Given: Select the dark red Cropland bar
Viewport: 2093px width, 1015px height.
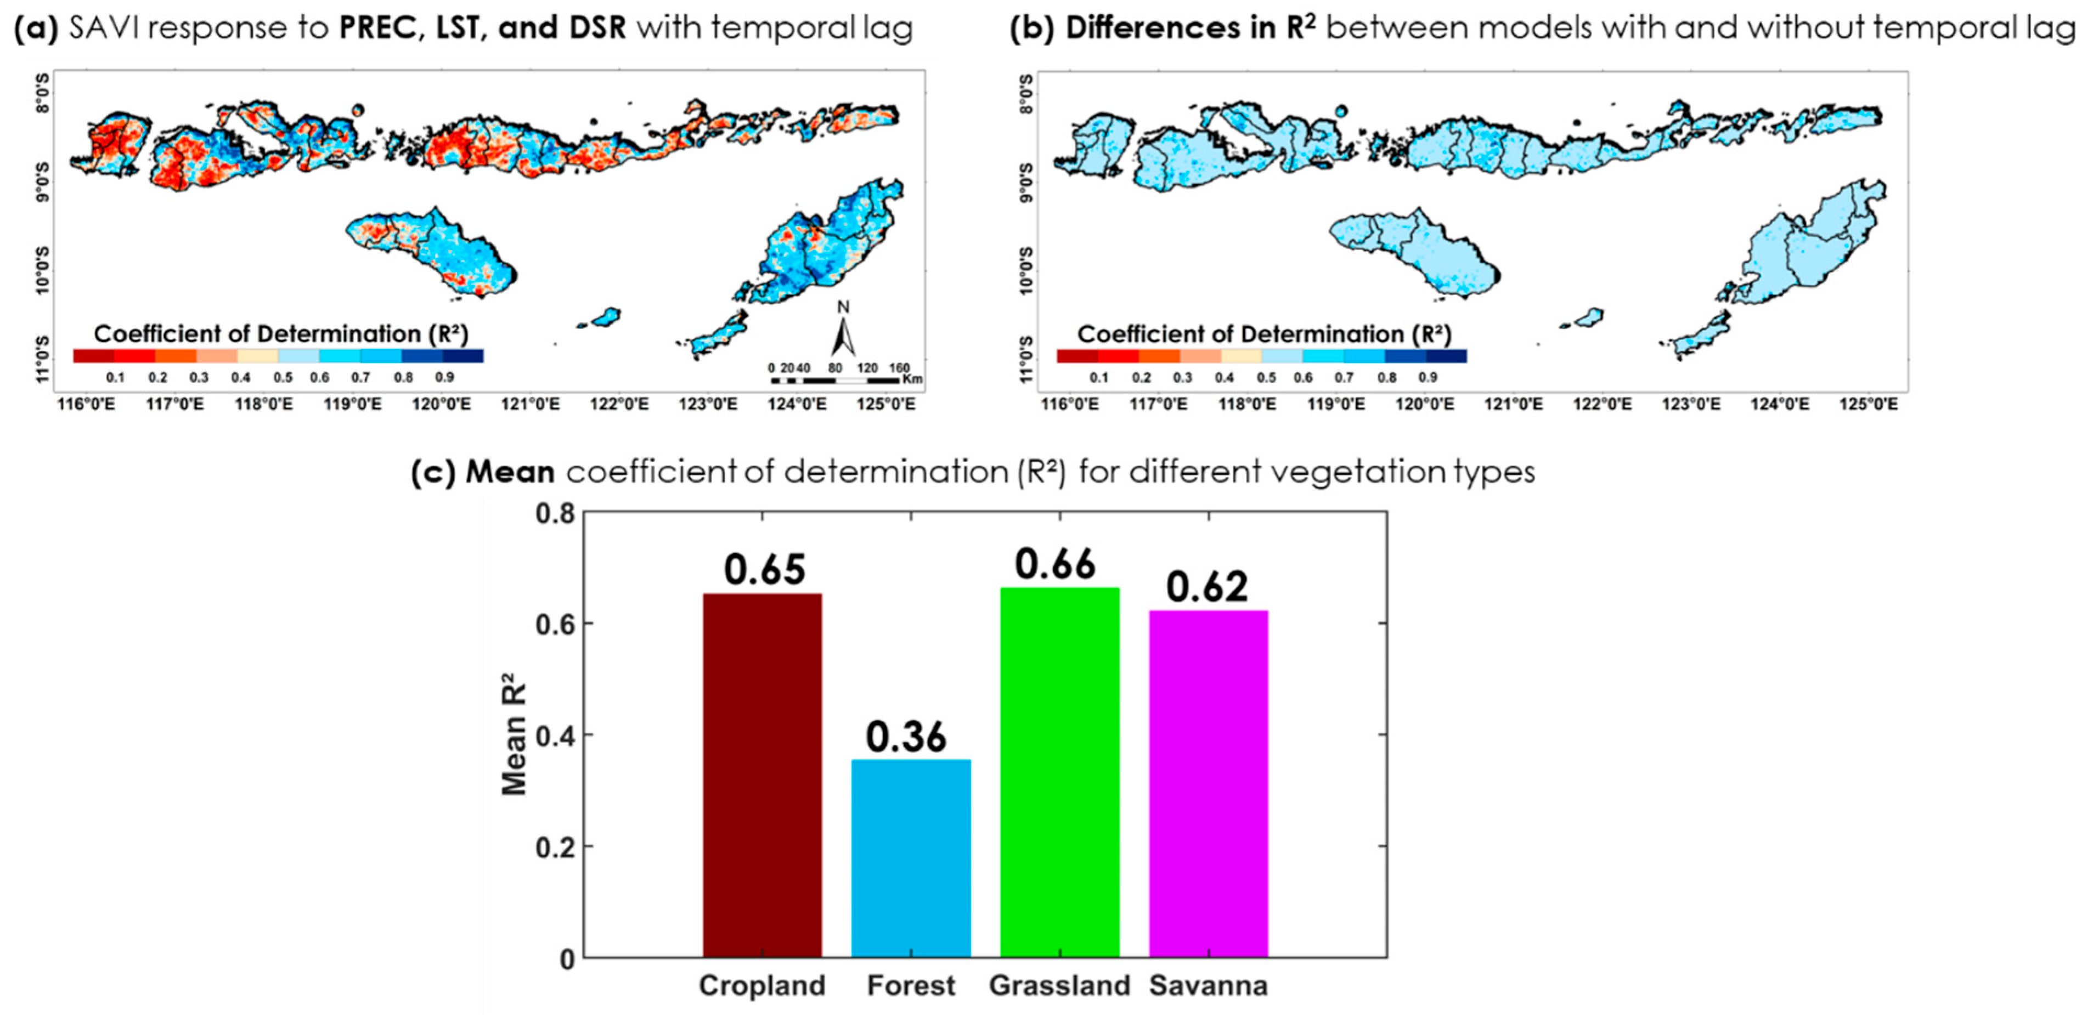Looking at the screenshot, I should point(762,775).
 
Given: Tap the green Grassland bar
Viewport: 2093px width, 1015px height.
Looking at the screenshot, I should point(1059,772).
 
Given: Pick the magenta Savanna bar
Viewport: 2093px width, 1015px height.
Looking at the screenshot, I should point(1208,784).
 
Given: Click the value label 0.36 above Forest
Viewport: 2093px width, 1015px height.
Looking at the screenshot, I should point(906,736).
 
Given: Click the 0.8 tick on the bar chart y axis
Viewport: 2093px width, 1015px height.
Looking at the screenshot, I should point(555,513).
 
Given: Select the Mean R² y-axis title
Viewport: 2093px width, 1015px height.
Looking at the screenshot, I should point(514,735).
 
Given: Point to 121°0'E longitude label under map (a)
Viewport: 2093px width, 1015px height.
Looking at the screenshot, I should point(531,404).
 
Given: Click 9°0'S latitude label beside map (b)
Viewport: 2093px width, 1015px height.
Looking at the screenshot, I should point(1025,182).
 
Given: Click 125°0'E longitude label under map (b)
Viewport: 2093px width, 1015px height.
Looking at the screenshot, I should point(1868,404).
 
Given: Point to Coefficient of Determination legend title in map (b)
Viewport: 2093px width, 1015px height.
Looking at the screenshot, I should point(1263,334).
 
